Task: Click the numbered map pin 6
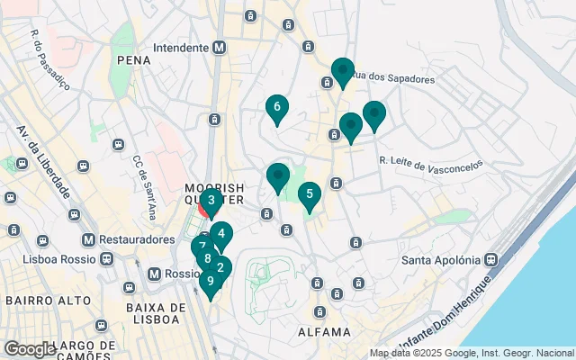point(276,108)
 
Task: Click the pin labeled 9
point(211,282)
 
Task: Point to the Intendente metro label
point(183,47)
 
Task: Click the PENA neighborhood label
point(133,59)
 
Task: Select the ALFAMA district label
point(323,332)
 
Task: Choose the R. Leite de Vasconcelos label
point(430,162)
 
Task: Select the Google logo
point(30,348)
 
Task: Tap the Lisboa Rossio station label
point(62,258)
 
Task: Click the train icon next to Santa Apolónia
point(491,260)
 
